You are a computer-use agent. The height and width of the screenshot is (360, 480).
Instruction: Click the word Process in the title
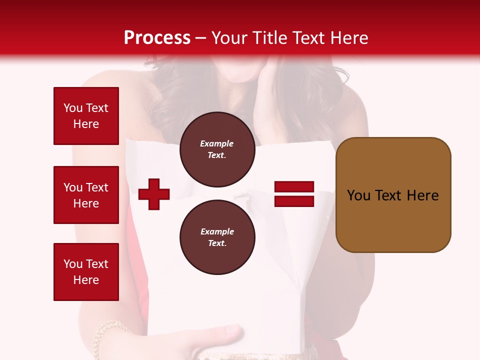157,38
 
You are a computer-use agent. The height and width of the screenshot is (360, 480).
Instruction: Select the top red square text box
86,116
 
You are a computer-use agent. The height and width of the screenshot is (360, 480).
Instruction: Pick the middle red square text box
86,195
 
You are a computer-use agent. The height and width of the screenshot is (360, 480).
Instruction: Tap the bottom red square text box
86,271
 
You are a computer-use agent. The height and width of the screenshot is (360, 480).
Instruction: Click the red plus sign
154,194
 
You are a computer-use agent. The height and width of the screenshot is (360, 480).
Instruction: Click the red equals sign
294,194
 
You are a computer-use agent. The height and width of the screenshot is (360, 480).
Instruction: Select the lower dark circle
217,237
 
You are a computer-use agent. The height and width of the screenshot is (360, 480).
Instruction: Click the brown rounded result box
393,195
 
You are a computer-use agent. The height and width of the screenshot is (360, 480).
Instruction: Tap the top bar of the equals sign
294,187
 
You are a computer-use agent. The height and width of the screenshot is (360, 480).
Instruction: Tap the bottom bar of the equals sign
294,201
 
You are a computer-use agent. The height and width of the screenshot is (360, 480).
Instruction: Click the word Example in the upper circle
217,143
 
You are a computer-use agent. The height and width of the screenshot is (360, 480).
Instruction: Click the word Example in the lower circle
217,231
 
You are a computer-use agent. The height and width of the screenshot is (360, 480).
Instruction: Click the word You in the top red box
72,108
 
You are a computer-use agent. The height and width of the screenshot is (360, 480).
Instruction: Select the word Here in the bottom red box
86,280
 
